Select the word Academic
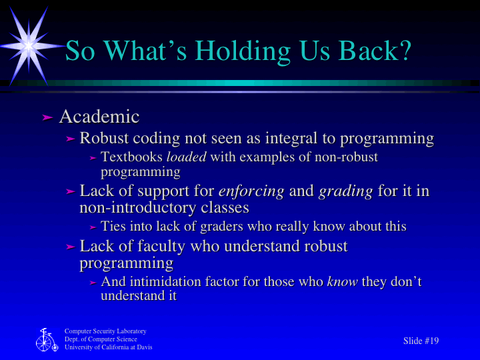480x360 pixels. pos(99,117)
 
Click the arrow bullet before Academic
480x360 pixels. pos(47,117)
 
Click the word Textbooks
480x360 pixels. pos(131,158)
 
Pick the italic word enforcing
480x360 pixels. pos(251,192)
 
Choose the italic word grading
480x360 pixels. pos(345,192)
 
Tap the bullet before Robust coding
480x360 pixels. pos(71,139)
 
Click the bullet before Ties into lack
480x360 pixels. pos(93,227)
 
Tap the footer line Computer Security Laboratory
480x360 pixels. pos(105,331)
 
